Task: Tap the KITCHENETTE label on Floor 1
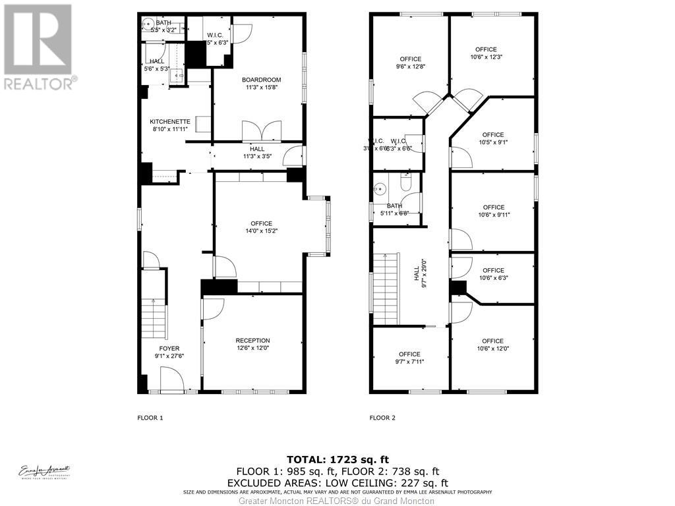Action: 170,122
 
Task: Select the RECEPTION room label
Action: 252,341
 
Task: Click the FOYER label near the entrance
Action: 169,349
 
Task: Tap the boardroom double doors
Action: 262,131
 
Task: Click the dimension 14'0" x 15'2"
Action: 261,231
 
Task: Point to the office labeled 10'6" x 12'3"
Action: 486,53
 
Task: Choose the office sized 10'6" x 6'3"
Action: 493,274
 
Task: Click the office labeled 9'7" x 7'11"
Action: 409,358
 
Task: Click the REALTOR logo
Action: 39,46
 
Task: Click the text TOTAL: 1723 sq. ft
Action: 337,459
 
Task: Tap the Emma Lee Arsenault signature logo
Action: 44,472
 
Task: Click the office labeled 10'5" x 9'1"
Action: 492,138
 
